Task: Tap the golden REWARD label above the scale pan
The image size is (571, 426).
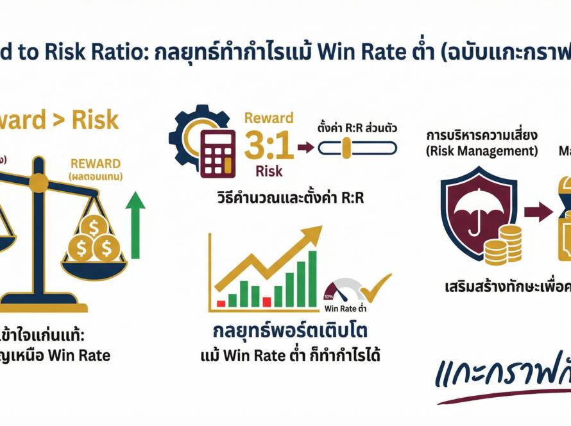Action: pos(96,164)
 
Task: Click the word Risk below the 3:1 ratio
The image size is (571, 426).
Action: pos(269,171)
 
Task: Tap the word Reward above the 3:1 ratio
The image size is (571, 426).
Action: pos(269,119)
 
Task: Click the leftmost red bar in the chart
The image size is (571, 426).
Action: pos(221,302)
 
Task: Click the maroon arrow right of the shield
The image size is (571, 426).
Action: pos(537,211)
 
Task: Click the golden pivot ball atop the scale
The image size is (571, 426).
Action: pos(38,183)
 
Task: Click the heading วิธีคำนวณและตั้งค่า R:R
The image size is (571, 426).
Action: pos(291,198)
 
